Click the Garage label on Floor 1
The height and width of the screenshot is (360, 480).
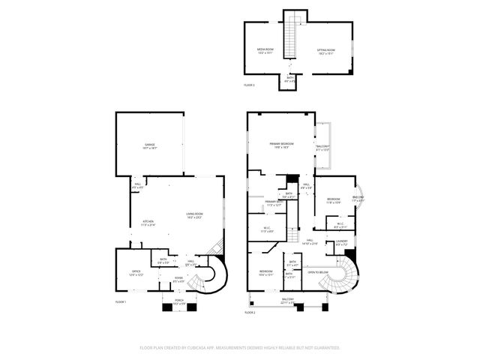(150, 146)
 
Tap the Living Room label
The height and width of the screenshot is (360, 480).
(195, 216)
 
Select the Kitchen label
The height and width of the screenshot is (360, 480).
(148, 222)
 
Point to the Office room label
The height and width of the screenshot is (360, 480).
(135, 273)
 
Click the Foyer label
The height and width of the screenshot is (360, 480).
(179, 279)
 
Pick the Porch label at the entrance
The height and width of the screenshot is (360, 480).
(179, 302)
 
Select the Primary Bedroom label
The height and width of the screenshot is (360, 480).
(281, 145)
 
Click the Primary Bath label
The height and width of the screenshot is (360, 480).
(274, 203)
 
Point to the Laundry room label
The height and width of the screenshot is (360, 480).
(341, 242)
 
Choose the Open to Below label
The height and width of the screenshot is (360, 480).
(318, 272)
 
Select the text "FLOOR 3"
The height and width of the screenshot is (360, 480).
(250, 85)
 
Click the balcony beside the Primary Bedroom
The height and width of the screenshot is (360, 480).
(323, 146)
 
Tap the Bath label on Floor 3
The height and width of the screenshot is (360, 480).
(289, 79)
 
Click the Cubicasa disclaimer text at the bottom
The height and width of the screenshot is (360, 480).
(240, 348)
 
